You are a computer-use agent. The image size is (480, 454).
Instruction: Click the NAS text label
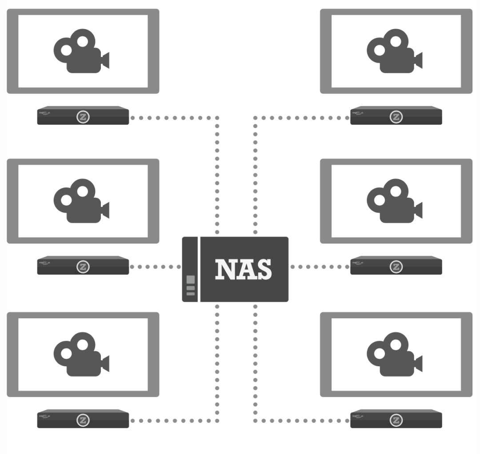[x=244, y=269]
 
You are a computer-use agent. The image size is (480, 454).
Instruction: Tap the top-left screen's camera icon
[x=81, y=52]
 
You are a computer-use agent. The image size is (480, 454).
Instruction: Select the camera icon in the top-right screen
[x=394, y=52]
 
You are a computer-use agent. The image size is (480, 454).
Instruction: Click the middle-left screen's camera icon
[x=81, y=201]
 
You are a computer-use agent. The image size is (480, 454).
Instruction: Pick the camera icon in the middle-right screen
[x=394, y=201]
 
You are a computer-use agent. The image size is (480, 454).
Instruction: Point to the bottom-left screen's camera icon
[x=81, y=354]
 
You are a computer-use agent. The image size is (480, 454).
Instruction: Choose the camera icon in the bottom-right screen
[x=394, y=354]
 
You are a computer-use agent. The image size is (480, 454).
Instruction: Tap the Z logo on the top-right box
[x=396, y=117]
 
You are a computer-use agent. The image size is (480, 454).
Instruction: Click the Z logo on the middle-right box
[x=396, y=267]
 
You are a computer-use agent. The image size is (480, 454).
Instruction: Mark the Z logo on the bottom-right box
[x=396, y=420]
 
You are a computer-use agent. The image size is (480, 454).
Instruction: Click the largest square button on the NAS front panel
[x=191, y=280]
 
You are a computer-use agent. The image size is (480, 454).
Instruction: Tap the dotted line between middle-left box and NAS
[x=155, y=267]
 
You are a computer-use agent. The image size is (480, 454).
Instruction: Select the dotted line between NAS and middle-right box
[x=320, y=267]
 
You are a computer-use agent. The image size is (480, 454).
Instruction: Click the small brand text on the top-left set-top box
[x=45, y=113]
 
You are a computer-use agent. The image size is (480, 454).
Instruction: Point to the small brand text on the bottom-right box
[x=358, y=416]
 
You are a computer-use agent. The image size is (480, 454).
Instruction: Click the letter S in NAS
[x=263, y=269]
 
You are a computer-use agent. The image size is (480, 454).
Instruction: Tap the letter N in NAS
[x=225, y=269]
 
